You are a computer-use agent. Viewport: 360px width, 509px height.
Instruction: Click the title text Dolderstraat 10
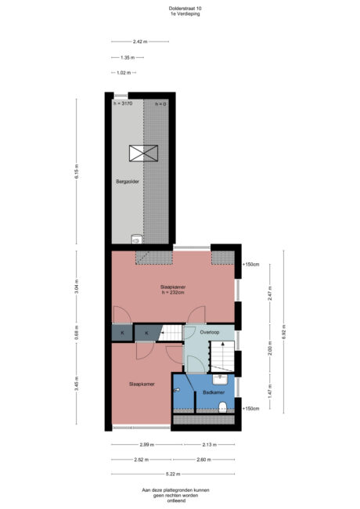[x=179, y=9]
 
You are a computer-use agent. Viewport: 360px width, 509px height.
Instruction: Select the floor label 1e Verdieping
[x=179, y=15]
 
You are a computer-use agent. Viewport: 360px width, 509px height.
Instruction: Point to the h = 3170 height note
[x=124, y=103]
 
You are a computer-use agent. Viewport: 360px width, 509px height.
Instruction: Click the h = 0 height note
[x=160, y=103]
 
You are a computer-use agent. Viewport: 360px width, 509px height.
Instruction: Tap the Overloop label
[x=211, y=332]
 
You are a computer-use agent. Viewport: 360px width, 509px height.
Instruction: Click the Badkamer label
[x=213, y=391]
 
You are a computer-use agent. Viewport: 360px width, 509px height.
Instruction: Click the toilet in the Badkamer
[x=224, y=405]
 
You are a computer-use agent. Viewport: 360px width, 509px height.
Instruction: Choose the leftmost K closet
[x=122, y=334]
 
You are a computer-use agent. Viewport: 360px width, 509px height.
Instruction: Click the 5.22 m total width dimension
[x=173, y=474]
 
